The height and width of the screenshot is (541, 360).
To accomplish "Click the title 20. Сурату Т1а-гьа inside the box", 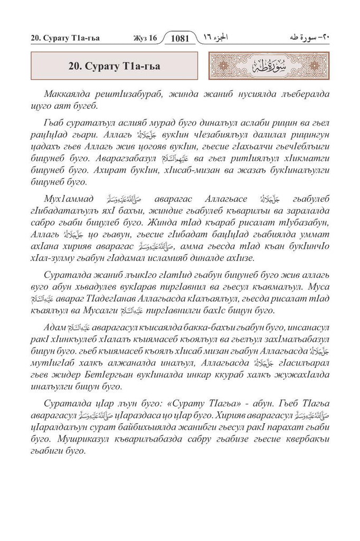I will (115, 67).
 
